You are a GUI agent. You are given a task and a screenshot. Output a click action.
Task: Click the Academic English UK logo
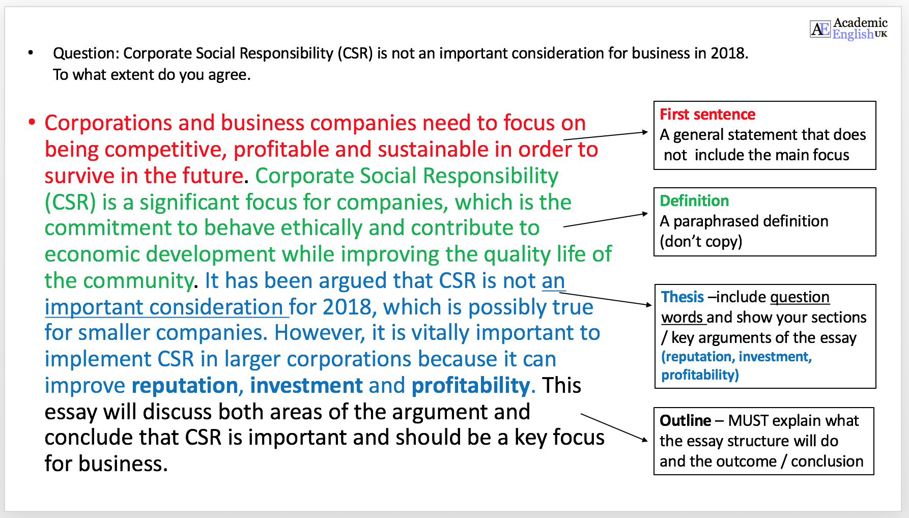[848, 28]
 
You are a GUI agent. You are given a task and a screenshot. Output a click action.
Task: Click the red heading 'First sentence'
[707, 114]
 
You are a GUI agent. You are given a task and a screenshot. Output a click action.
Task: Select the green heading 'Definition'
[694, 201]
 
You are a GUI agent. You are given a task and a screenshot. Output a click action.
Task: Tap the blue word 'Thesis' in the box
[683, 297]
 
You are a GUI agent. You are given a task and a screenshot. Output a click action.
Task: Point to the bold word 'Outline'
[685, 421]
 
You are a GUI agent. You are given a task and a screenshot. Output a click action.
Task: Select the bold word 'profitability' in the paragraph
[471, 386]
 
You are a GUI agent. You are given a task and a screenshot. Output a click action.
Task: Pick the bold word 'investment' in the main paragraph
[306, 386]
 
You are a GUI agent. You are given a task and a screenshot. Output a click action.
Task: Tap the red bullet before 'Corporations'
[32, 122]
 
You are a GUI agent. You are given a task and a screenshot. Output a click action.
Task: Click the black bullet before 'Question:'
[31, 52]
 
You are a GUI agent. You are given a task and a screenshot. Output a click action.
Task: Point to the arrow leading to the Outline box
[614, 428]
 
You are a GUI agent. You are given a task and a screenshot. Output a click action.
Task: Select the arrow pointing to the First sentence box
[606, 135]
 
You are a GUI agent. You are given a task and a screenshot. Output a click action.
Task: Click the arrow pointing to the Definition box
[606, 220]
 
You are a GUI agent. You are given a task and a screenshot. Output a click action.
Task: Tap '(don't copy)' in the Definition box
[701, 242]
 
